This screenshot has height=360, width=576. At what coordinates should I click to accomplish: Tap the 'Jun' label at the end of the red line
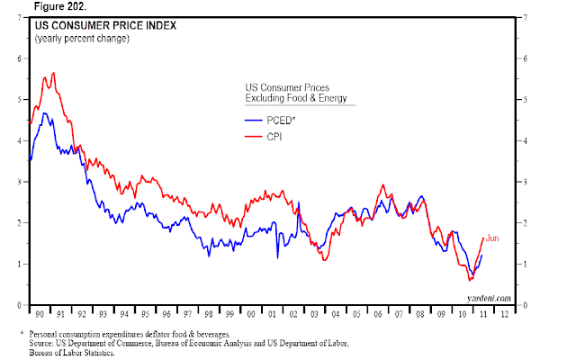(x=491, y=238)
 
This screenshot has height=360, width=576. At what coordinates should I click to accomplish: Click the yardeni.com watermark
(x=490, y=297)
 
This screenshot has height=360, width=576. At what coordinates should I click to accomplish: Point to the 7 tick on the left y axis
(x=20, y=16)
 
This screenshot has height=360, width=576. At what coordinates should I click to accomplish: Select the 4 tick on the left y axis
(x=20, y=140)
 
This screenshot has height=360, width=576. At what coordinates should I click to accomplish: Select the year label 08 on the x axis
(x=418, y=315)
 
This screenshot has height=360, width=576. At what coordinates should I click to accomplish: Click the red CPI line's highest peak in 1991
(x=54, y=73)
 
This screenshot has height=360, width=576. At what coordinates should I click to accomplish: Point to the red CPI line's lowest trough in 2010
(x=470, y=281)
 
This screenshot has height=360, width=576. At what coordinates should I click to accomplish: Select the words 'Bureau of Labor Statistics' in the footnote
(x=85, y=353)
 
